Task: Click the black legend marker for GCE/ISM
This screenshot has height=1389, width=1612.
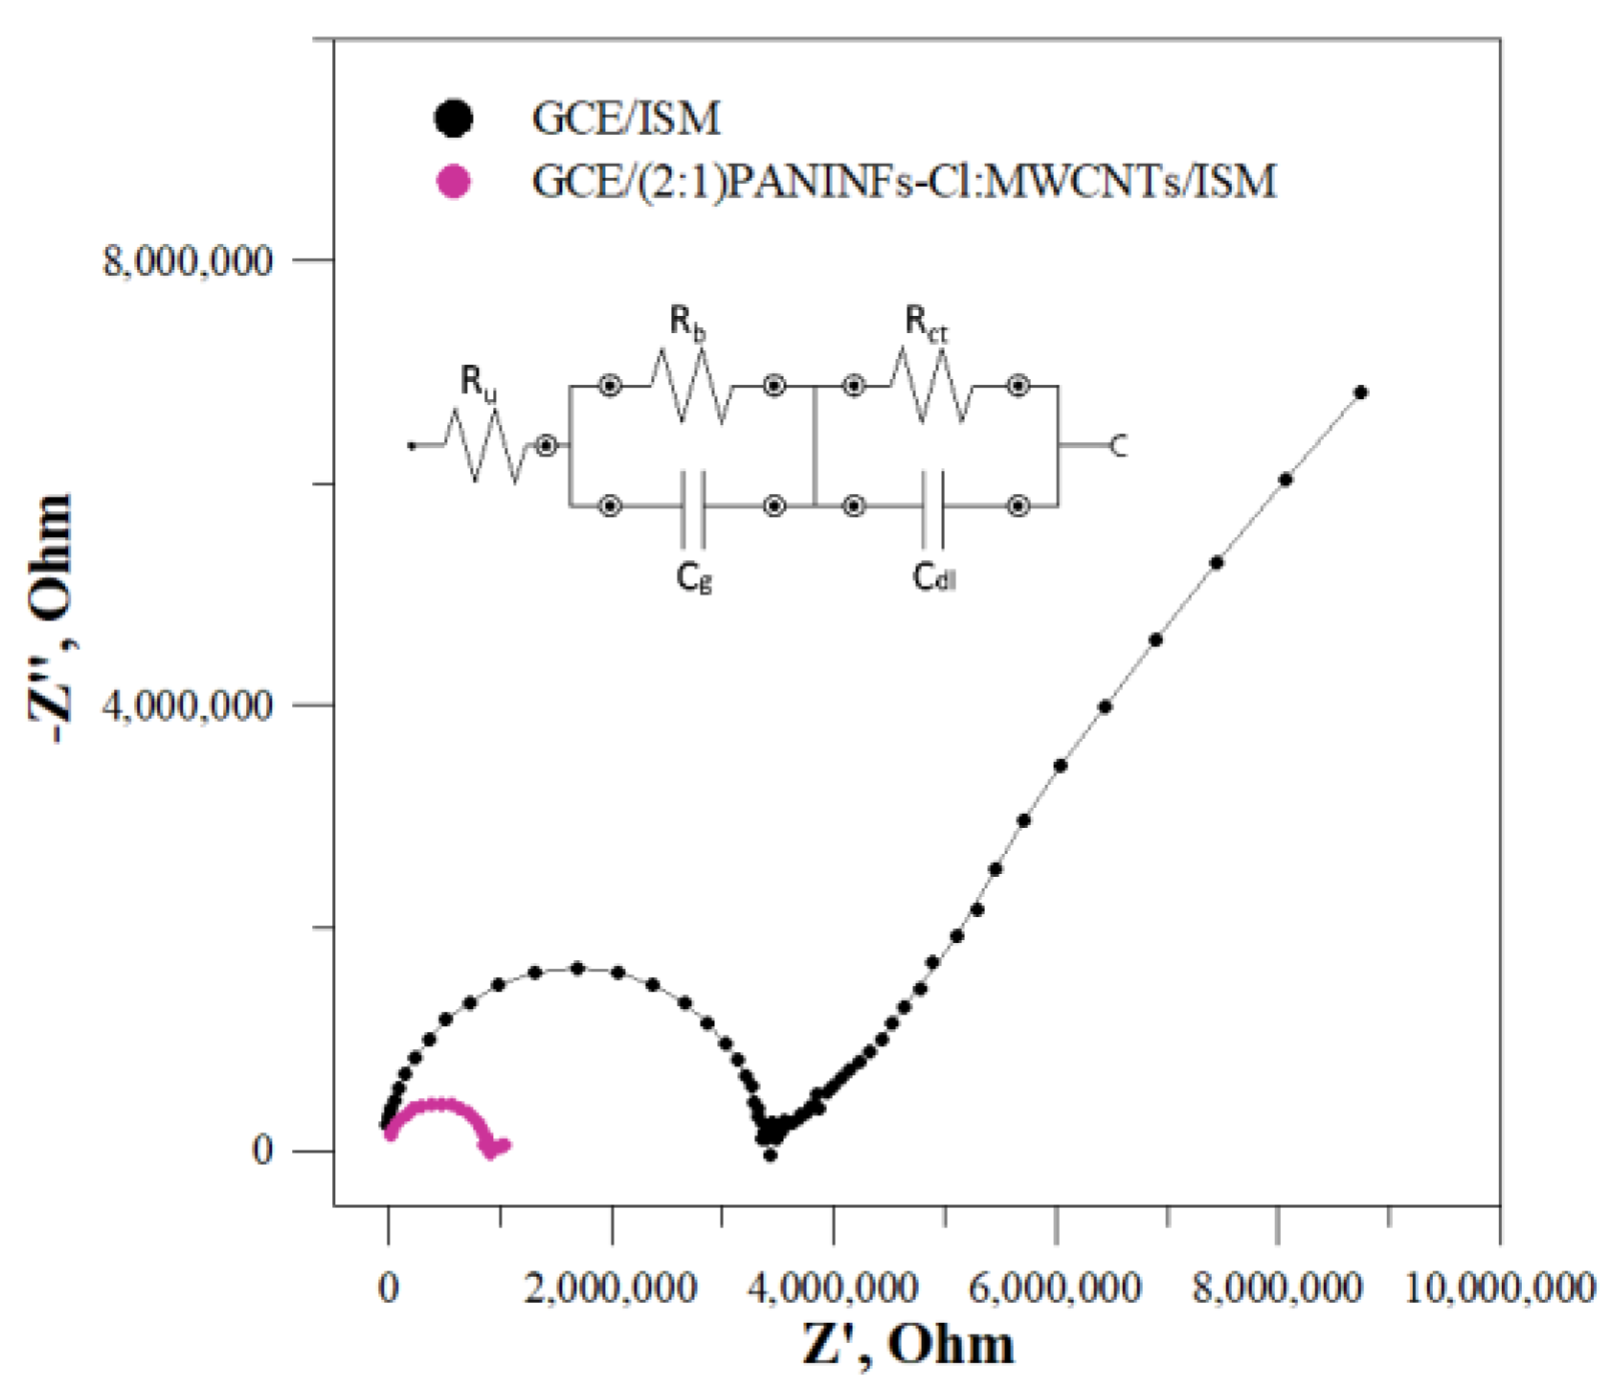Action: click(x=453, y=118)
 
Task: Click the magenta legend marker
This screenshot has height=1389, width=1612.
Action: click(x=453, y=180)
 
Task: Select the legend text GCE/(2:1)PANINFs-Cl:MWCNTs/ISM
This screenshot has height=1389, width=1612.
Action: click(x=904, y=180)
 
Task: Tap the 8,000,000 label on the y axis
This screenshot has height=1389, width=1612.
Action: click(x=188, y=260)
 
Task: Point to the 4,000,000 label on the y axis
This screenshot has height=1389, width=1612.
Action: click(x=188, y=706)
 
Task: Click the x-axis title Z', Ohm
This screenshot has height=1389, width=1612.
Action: click(x=907, y=1345)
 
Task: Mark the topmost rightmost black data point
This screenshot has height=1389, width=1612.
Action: click(x=1360, y=392)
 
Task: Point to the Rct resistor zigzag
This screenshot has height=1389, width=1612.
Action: click(x=930, y=386)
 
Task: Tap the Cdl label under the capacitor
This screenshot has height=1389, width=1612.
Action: click(x=933, y=577)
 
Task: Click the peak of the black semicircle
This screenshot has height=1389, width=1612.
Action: click(x=577, y=968)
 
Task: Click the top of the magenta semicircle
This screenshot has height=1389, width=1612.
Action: click(x=437, y=1104)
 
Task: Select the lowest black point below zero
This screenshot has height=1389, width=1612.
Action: click(x=771, y=1155)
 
